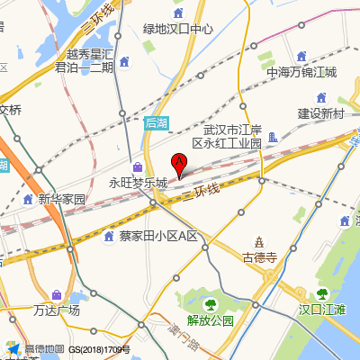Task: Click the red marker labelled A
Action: [178, 164]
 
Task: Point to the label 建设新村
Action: [321, 113]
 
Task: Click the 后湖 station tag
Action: [156, 121]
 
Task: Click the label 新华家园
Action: [61, 199]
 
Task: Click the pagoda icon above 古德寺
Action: [259, 242]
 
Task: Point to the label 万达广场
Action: [57, 310]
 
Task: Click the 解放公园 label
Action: [210, 319]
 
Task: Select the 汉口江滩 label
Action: [322, 310]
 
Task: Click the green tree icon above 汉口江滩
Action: [322, 293]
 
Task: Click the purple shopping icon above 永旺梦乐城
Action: [138, 167]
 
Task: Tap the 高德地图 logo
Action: [35, 349]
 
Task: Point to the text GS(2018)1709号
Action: [100, 349]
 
